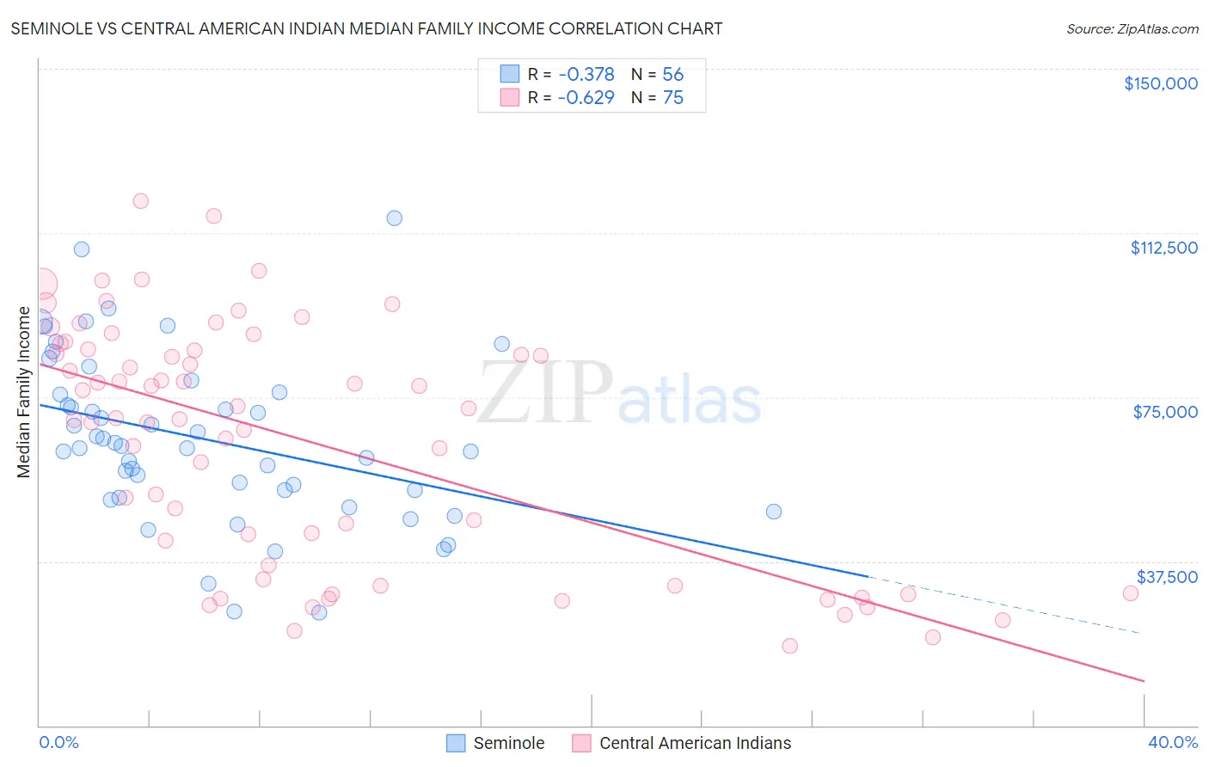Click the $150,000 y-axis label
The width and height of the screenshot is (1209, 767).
(1160, 83)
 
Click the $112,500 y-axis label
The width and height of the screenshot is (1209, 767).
(1163, 248)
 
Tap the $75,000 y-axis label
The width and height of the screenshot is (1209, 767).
(1165, 412)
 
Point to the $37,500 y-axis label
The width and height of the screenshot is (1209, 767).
(1167, 577)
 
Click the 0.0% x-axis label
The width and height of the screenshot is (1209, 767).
(58, 742)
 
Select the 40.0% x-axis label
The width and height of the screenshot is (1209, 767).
(1172, 742)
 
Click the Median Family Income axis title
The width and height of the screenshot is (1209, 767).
(24, 392)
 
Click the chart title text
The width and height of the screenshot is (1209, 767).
(366, 28)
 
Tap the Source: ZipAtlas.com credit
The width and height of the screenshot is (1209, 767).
(1132, 29)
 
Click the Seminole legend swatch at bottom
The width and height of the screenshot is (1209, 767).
(456, 743)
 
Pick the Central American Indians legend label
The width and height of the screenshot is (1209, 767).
(695, 743)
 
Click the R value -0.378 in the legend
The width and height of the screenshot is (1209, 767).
(586, 75)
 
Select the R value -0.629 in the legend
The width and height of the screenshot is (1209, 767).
(586, 98)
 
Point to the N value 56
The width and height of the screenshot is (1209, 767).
(672, 75)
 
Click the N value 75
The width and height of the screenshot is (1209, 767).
(672, 98)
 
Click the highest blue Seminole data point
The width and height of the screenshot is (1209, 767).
(394, 218)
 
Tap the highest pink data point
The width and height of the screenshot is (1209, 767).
(140, 201)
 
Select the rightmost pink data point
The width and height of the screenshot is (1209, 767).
(1131, 593)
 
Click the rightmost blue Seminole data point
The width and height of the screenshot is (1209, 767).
(774, 512)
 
